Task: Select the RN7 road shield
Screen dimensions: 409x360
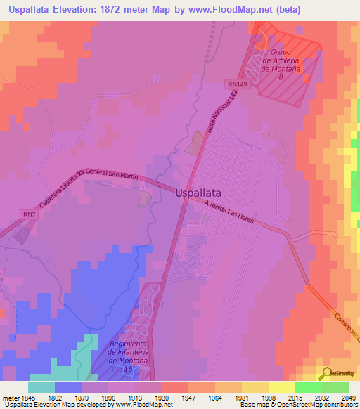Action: click(29, 214)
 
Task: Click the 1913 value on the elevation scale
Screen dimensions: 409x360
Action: click(122, 398)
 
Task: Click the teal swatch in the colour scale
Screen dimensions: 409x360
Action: click(41, 387)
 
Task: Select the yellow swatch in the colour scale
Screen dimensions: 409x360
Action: click(281, 387)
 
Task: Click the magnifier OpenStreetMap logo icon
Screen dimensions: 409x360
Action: click(325, 373)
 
